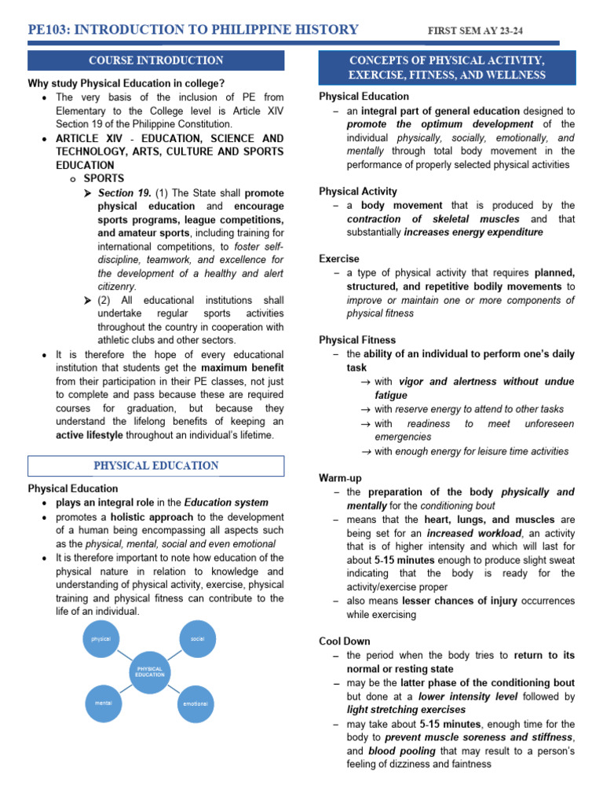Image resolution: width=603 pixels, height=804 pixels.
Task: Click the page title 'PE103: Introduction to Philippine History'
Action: [193, 30]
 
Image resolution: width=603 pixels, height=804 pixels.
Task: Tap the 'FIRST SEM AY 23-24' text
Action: [474, 31]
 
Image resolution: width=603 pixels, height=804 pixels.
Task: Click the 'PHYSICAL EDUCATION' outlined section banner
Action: [155, 466]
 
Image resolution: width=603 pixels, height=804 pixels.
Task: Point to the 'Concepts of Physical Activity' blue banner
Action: [447, 68]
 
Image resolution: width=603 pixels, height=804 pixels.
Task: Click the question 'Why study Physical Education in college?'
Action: [126, 84]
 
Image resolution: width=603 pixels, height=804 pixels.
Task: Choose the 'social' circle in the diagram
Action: [197, 638]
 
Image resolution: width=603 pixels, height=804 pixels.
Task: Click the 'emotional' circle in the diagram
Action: [196, 703]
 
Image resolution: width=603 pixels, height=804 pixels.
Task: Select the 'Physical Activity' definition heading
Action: [358, 192]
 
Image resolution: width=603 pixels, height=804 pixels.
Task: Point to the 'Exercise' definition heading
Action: [339, 259]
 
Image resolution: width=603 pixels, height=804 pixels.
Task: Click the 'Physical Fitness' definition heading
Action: [357, 340]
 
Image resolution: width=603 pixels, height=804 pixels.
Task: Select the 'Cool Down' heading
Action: [345, 641]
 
